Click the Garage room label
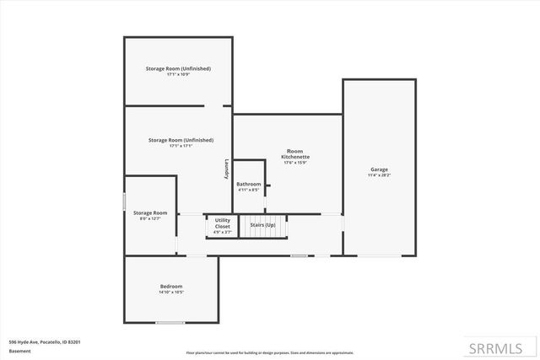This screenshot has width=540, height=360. (379, 169)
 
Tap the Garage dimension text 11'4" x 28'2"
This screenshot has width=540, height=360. (379, 175)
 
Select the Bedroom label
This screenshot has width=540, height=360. (171, 287)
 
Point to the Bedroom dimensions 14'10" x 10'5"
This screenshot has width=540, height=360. (171, 293)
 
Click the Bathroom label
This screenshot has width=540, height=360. (248, 184)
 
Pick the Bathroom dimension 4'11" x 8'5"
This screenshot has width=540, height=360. (248, 190)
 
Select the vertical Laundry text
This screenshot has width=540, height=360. (226, 169)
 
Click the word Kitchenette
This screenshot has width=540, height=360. (295, 157)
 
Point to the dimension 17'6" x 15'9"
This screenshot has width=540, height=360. (295, 163)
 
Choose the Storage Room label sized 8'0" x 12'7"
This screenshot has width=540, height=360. (150, 212)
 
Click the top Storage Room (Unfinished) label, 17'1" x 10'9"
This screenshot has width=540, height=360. (177, 68)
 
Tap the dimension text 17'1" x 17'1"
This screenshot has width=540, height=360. (180, 146)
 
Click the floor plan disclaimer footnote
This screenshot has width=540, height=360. (269, 352)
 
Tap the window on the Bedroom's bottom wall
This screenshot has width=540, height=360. (170, 322)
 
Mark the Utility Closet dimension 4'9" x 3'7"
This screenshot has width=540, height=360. (223, 233)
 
